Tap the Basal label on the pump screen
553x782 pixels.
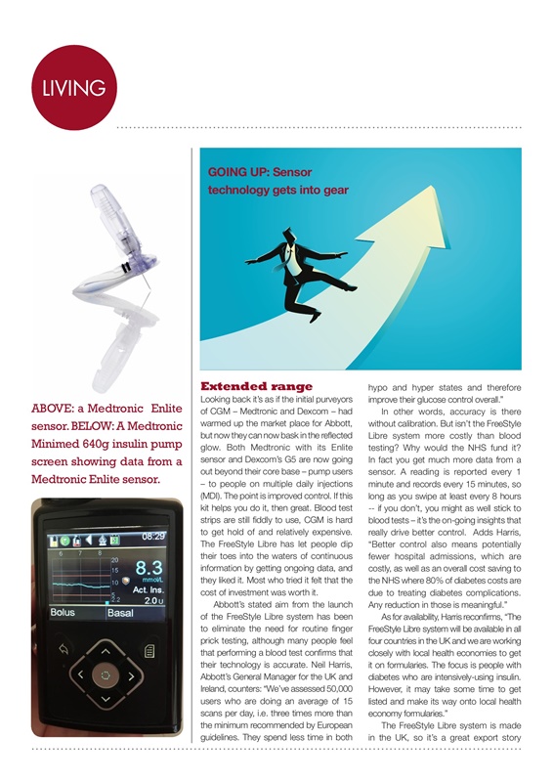tap(121, 613)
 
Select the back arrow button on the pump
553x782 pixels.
tap(65, 647)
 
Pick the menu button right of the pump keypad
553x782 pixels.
tap(149, 648)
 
